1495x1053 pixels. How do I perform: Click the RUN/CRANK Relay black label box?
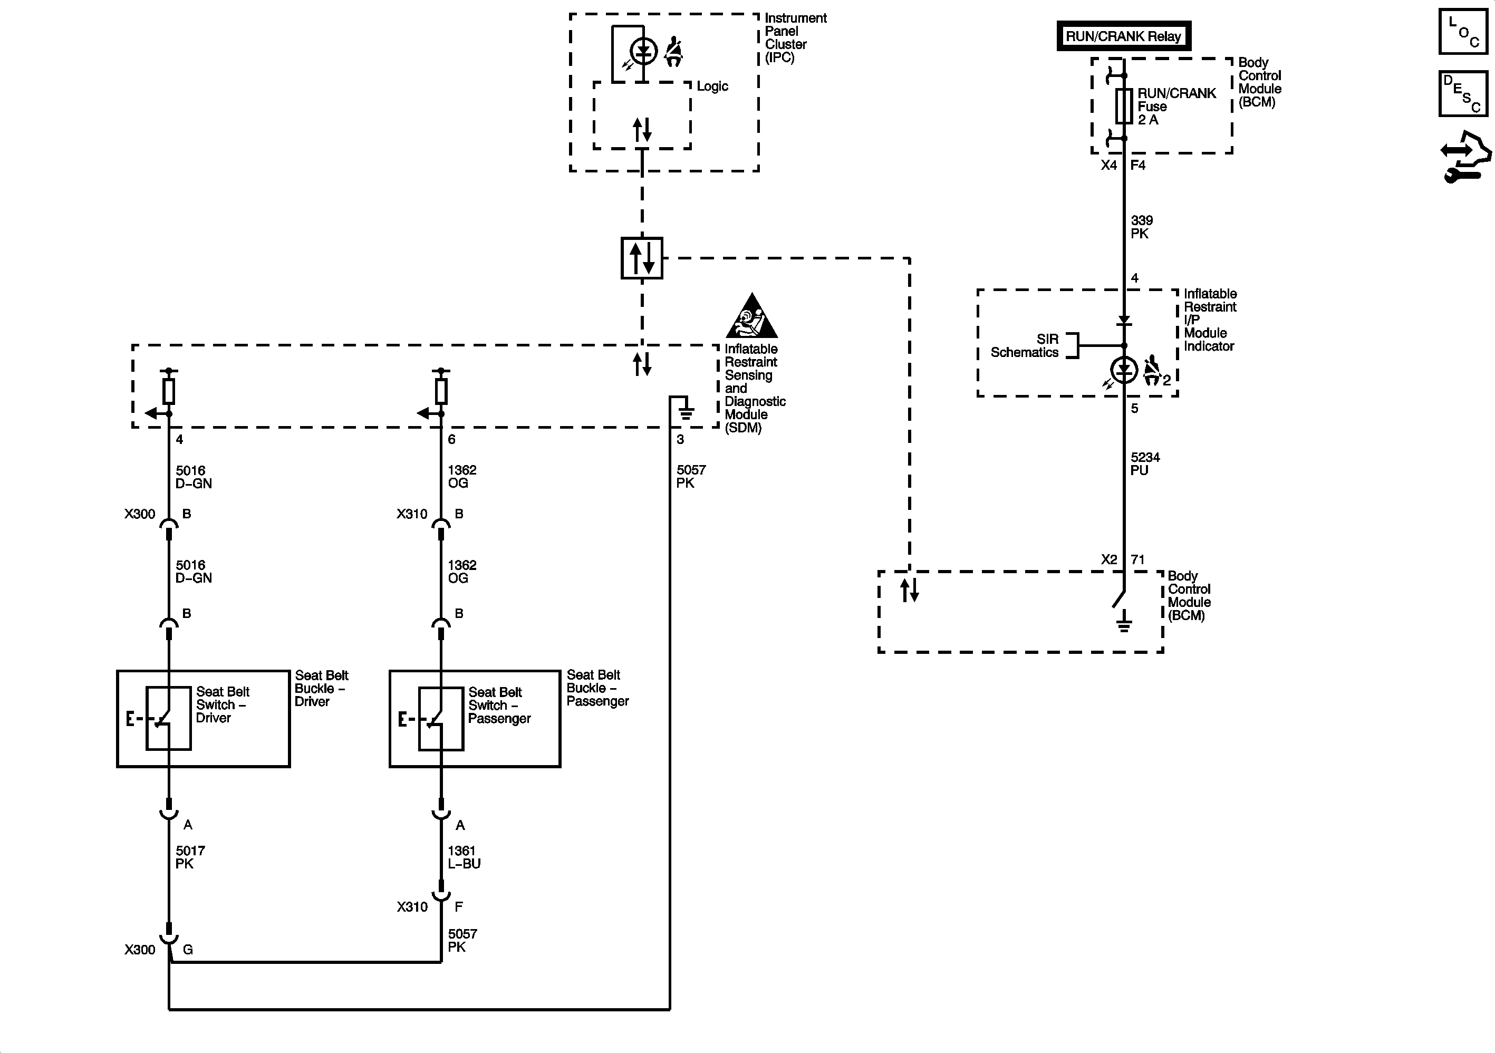pos(1123,36)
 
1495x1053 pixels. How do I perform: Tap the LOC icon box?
pos(1462,31)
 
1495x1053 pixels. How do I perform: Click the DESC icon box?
pos(1462,94)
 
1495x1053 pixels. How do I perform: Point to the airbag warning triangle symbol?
pos(751,316)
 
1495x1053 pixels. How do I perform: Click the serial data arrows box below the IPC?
pos(641,258)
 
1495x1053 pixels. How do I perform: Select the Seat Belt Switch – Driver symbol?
pos(169,718)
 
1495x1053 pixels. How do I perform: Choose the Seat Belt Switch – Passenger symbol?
pos(441,718)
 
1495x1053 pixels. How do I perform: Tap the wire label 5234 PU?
pos(1145,463)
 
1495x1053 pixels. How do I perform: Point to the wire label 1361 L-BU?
pos(464,857)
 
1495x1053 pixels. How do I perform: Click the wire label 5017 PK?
pos(190,857)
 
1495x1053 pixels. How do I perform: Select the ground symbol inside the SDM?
pos(686,412)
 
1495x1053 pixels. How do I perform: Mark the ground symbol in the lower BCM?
pos(1124,624)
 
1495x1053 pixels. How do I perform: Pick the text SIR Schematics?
pos(1025,346)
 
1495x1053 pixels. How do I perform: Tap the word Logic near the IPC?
pos(712,86)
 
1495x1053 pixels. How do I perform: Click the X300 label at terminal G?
pos(140,950)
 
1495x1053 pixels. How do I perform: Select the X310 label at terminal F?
pos(412,906)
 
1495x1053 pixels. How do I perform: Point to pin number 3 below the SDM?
pos(680,440)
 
